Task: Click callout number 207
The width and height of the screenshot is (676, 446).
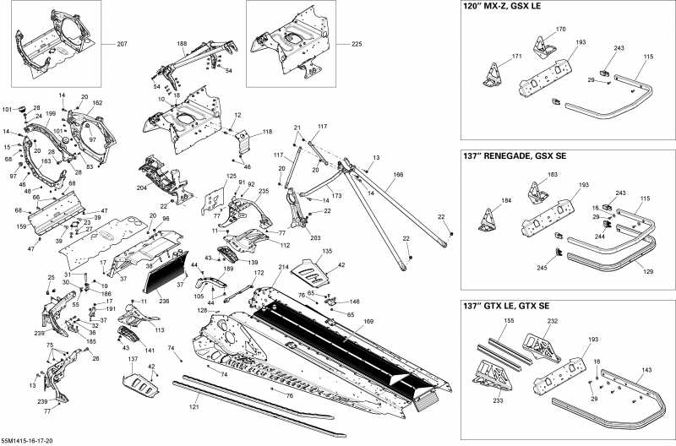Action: point(122,42)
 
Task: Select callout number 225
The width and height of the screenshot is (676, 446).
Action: point(356,42)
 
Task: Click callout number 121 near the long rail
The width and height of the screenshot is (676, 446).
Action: point(194,407)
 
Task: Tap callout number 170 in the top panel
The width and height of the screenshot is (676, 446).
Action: point(560,30)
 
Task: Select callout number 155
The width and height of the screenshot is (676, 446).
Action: point(508,322)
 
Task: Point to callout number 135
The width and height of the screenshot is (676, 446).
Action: point(327,252)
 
